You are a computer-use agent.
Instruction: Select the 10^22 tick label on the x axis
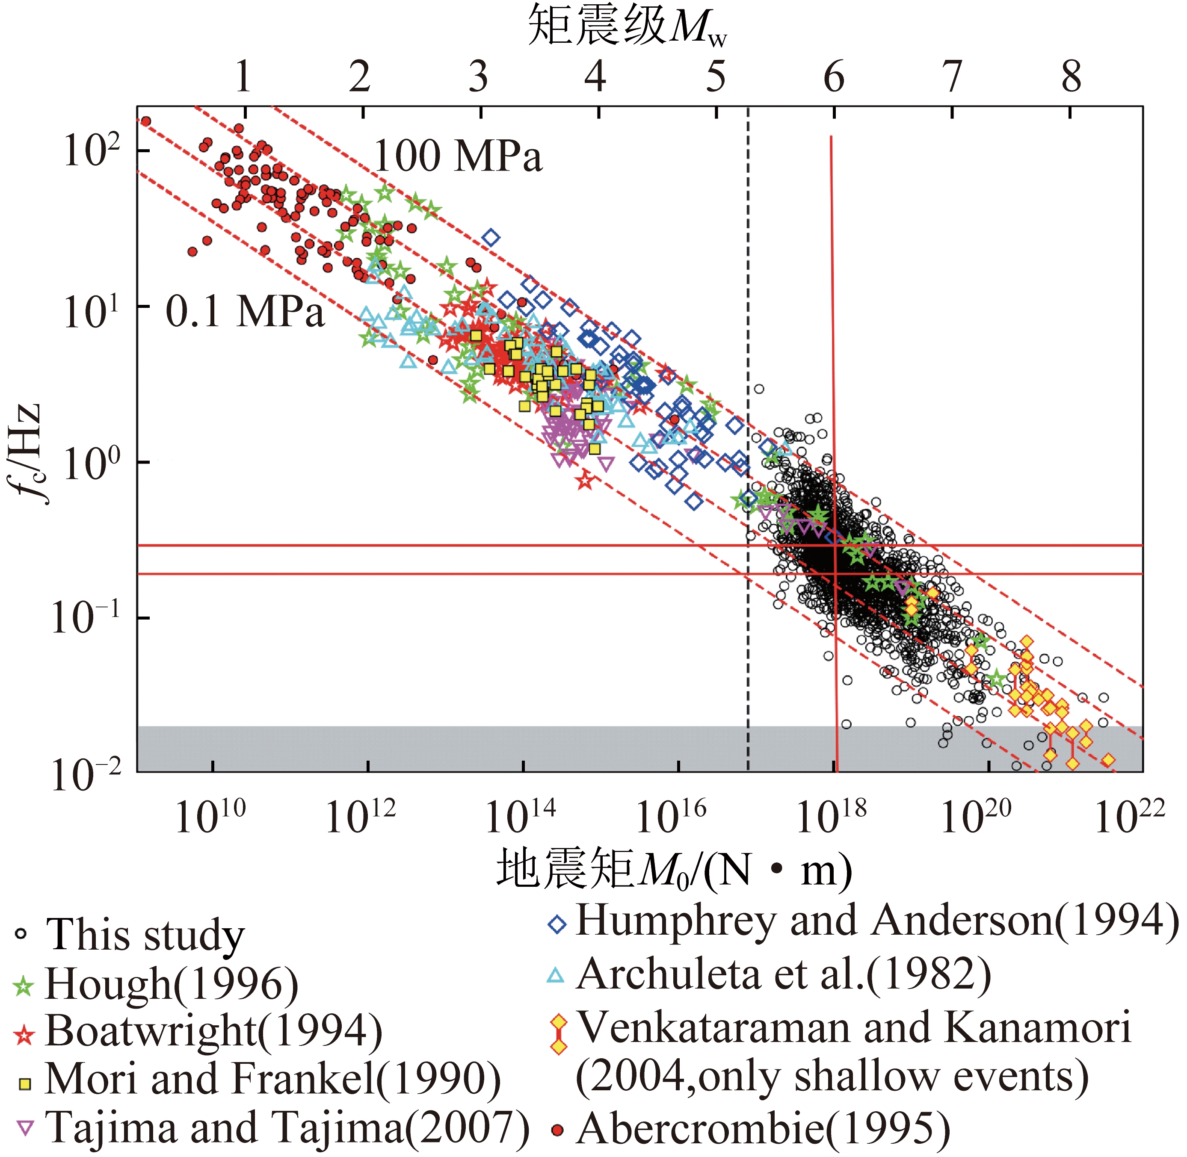pyautogui.click(x=1130, y=818)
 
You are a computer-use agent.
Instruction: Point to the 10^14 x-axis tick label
pyautogui.click(x=520, y=818)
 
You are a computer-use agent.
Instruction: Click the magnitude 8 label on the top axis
pyautogui.click(x=1071, y=77)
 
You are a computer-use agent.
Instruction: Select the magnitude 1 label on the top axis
pyautogui.click(x=243, y=77)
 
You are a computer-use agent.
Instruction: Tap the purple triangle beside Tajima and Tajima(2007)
pyautogui.click(x=25, y=1128)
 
